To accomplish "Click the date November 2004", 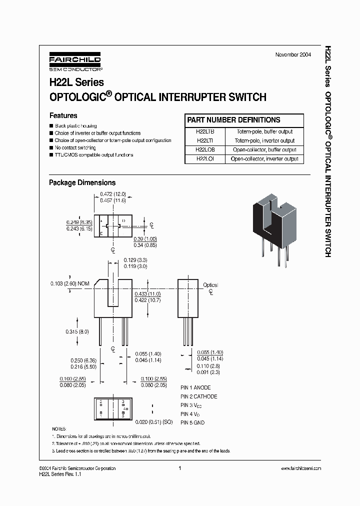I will (x=293, y=54).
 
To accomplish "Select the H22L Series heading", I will (x=76, y=82).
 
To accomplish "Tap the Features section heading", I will (x=63, y=115).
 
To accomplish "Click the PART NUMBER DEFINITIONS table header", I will (x=233, y=120).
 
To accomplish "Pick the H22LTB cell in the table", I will (x=205, y=131).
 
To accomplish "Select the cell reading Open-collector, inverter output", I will (x=264, y=159).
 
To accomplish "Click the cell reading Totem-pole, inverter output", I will (x=264, y=140).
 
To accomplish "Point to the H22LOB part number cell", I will (x=205, y=149).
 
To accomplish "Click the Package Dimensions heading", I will (x=82, y=183).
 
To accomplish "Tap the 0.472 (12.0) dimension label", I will (x=112, y=194).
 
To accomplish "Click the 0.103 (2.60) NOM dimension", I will (x=70, y=283).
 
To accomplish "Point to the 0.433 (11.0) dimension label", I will (x=147, y=294).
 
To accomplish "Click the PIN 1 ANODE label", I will (x=195, y=387).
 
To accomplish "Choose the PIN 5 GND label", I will (x=192, y=422).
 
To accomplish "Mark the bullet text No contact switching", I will (x=75, y=148).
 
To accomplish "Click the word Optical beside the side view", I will (x=210, y=285).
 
